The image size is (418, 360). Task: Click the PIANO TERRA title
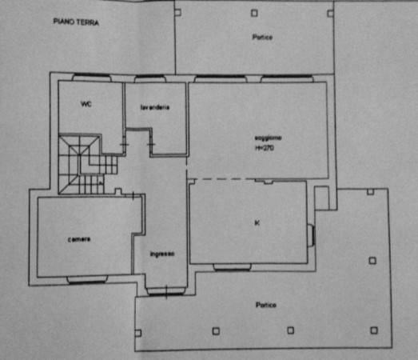(76, 22)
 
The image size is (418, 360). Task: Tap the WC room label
(86, 104)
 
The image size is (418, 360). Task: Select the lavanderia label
(155, 107)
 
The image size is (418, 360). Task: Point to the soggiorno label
(268, 138)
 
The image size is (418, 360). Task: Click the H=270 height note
(265, 148)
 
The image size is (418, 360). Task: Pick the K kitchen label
(257, 222)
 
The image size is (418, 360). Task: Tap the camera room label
(79, 239)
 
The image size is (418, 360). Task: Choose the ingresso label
(162, 254)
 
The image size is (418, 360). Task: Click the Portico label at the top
(262, 37)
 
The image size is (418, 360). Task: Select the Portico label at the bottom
(266, 305)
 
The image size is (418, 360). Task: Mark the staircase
(86, 164)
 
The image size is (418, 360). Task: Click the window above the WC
(92, 77)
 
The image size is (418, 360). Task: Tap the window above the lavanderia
(149, 78)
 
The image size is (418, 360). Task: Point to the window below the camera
(87, 279)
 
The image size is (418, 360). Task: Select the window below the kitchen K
(233, 267)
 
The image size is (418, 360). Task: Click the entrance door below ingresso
(165, 291)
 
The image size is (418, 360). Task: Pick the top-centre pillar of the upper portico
(254, 13)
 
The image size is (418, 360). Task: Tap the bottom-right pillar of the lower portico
(374, 330)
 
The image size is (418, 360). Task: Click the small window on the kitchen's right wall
(312, 236)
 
